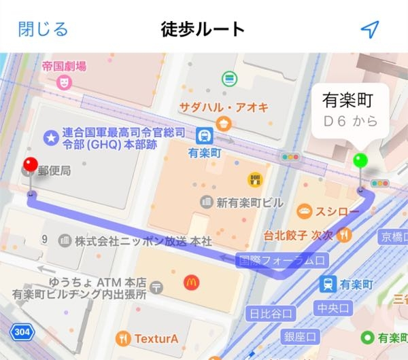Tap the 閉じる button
click(43, 29)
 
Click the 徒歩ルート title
click(203, 30)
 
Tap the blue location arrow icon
click(369, 29)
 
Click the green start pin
click(360, 161)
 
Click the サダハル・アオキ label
click(224, 107)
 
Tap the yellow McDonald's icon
click(191, 281)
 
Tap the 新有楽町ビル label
click(240, 202)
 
